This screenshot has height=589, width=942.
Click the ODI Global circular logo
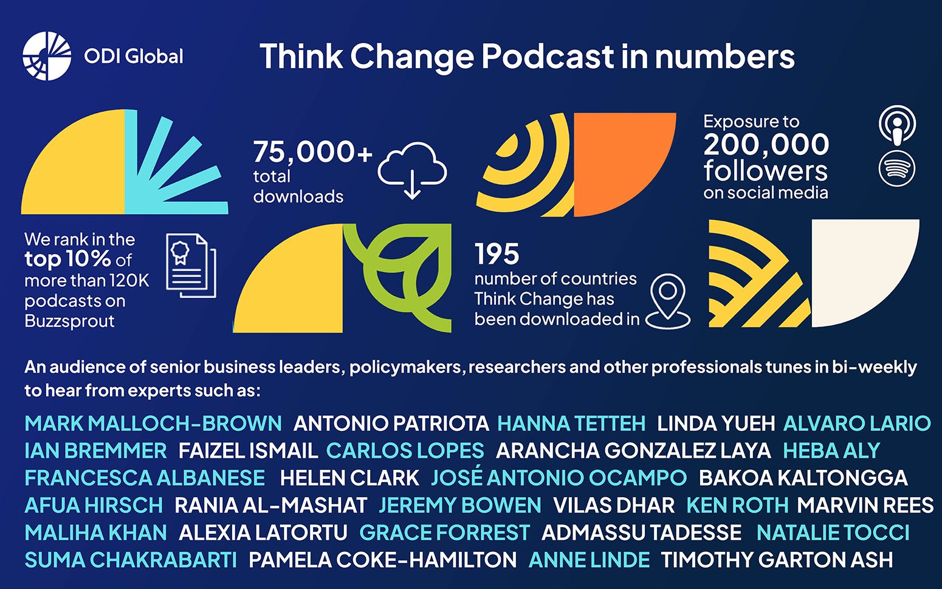(47, 56)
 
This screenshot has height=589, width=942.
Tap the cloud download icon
(412, 170)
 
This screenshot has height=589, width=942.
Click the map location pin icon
(667, 301)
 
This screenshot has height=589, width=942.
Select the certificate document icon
(191, 266)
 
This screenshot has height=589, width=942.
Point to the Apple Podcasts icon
(897, 125)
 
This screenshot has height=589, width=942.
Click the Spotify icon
(897, 169)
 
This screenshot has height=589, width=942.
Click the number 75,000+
(312, 152)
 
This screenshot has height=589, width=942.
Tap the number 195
(497, 254)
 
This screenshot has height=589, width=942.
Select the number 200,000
(766, 145)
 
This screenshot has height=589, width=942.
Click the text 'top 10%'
(67, 260)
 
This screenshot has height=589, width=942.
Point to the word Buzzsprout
(69, 321)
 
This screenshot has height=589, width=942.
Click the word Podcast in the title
(548, 57)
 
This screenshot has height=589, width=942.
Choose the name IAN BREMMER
(95, 450)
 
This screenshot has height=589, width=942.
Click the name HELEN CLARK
(349, 478)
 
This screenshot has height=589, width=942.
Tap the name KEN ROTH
(737, 505)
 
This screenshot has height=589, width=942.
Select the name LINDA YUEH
(715, 423)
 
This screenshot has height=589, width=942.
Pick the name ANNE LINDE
(589, 560)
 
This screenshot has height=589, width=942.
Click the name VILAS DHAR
(613, 505)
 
